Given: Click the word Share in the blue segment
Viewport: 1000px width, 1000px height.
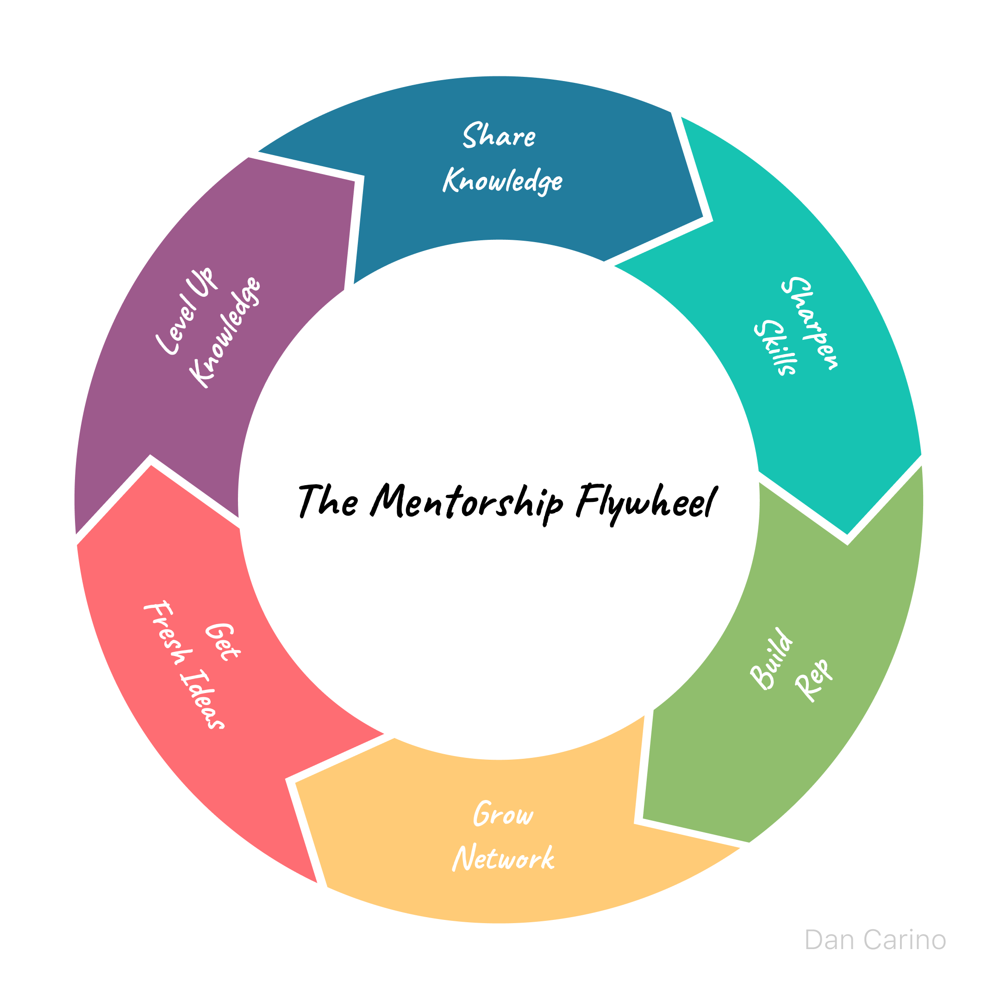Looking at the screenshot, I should point(499,136).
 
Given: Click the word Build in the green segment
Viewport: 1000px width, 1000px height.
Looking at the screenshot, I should point(771,659).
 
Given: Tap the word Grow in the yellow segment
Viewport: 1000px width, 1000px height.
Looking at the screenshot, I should point(503,814).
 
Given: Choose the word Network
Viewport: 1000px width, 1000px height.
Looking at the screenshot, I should point(503,859).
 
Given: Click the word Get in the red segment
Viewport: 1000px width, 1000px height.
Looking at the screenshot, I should point(222,641).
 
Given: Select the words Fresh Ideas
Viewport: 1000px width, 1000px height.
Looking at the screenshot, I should point(184,665).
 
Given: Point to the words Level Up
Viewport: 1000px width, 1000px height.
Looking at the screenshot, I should point(185,311).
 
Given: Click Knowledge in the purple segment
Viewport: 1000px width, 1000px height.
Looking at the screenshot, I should point(225,332).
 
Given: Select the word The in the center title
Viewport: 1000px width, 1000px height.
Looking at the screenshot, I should point(328,501).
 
